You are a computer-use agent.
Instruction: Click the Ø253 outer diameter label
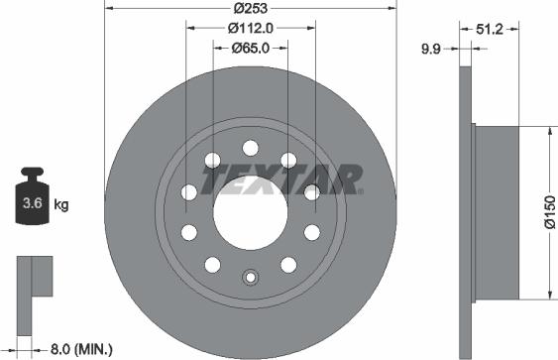pyautogui.click(x=250, y=9)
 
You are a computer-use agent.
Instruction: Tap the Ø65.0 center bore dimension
pyautogui.click(x=252, y=47)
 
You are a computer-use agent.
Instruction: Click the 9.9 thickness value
pyautogui.click(x=430, y=47)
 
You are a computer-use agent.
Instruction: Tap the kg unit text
pyautogui.click(x=61, y=205)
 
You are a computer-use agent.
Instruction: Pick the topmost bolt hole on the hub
pyautogui.click(x=249, y=146)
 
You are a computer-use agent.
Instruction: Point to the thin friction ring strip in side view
pyautogui.click(x=468, y=212)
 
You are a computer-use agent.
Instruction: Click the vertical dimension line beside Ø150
pyautogui.click(x=550, y=212)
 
